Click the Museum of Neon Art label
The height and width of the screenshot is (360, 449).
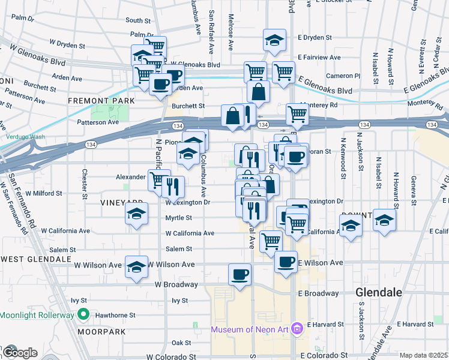[x=250, y=329]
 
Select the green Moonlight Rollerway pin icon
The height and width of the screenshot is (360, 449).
[x=85, y=315]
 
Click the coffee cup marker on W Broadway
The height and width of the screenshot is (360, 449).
[x=240, y=275]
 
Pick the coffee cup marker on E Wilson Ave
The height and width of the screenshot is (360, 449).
[x=286, y=262]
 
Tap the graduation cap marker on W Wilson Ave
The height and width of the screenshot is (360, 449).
[x=137, y=266]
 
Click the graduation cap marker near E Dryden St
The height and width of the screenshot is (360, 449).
[x=274, y=41]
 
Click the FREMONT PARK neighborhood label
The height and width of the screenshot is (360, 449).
[x=98, y=100]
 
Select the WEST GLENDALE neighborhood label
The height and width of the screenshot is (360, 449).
[x=37, y=259]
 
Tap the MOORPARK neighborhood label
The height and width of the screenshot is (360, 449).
[x=101, y=331]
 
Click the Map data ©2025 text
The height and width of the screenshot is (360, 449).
[x=423, y=355]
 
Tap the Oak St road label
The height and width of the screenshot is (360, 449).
[x=181, y=343]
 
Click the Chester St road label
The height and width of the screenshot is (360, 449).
[x=85, y=178]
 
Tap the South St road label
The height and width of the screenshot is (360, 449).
[x=137, y=20]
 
